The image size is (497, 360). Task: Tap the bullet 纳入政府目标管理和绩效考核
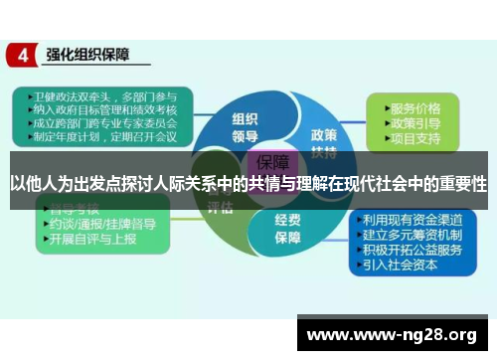pos(98,110)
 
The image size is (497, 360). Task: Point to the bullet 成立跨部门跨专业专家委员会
pos(98,124)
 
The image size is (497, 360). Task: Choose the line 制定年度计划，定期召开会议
pos(98,138)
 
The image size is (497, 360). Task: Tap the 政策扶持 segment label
pos(324,141)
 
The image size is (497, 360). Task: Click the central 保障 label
pos(274,161)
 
